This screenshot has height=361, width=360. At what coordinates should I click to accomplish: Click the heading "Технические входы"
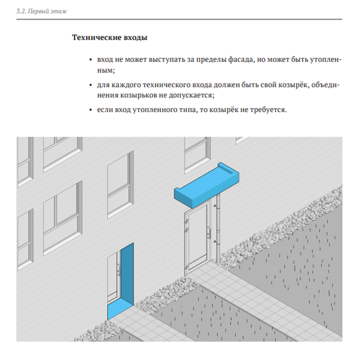point(109,37)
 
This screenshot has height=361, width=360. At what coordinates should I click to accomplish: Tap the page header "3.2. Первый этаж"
point(42,11)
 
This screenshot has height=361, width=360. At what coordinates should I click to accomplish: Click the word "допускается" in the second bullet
point(190,95)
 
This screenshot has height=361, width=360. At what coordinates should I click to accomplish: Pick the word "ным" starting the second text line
point(105,70)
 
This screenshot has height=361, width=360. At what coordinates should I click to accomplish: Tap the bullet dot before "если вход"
point(91,110)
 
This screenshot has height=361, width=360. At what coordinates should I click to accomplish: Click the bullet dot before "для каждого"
point(91,85)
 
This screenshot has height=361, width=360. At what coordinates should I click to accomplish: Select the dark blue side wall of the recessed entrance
point(127,274)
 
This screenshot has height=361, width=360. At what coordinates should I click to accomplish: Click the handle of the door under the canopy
point(209,232)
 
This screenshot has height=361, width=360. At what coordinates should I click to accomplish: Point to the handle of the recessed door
point(119,270)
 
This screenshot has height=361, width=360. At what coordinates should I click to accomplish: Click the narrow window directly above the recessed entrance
point(121,185)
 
